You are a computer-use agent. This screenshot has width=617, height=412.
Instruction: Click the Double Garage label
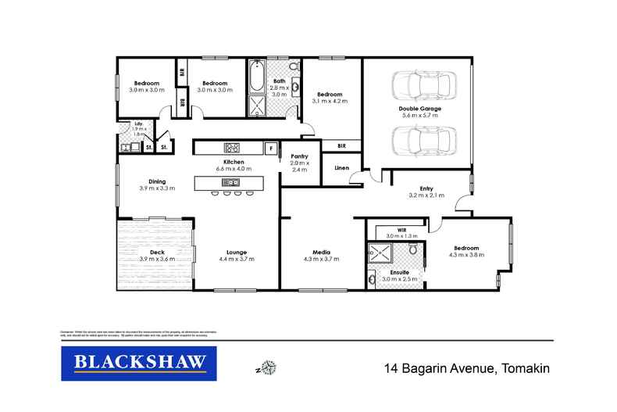point(419,108)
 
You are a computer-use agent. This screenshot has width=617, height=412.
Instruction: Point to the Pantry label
point(299,156)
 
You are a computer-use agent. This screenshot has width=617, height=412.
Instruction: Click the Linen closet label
point(341,167)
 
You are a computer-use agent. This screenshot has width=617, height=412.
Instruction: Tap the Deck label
point(157,252)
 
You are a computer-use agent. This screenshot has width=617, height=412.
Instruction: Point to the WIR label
point(402,229)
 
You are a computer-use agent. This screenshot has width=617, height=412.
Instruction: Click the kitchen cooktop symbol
point(232,147)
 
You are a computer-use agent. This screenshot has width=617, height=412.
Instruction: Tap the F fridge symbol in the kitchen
point(271,147)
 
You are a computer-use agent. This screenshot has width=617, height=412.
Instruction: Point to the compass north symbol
point(269,367)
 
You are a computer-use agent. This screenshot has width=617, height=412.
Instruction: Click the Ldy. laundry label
point(137,124)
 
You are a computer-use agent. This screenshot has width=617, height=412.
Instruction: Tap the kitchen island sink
point(231,182)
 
